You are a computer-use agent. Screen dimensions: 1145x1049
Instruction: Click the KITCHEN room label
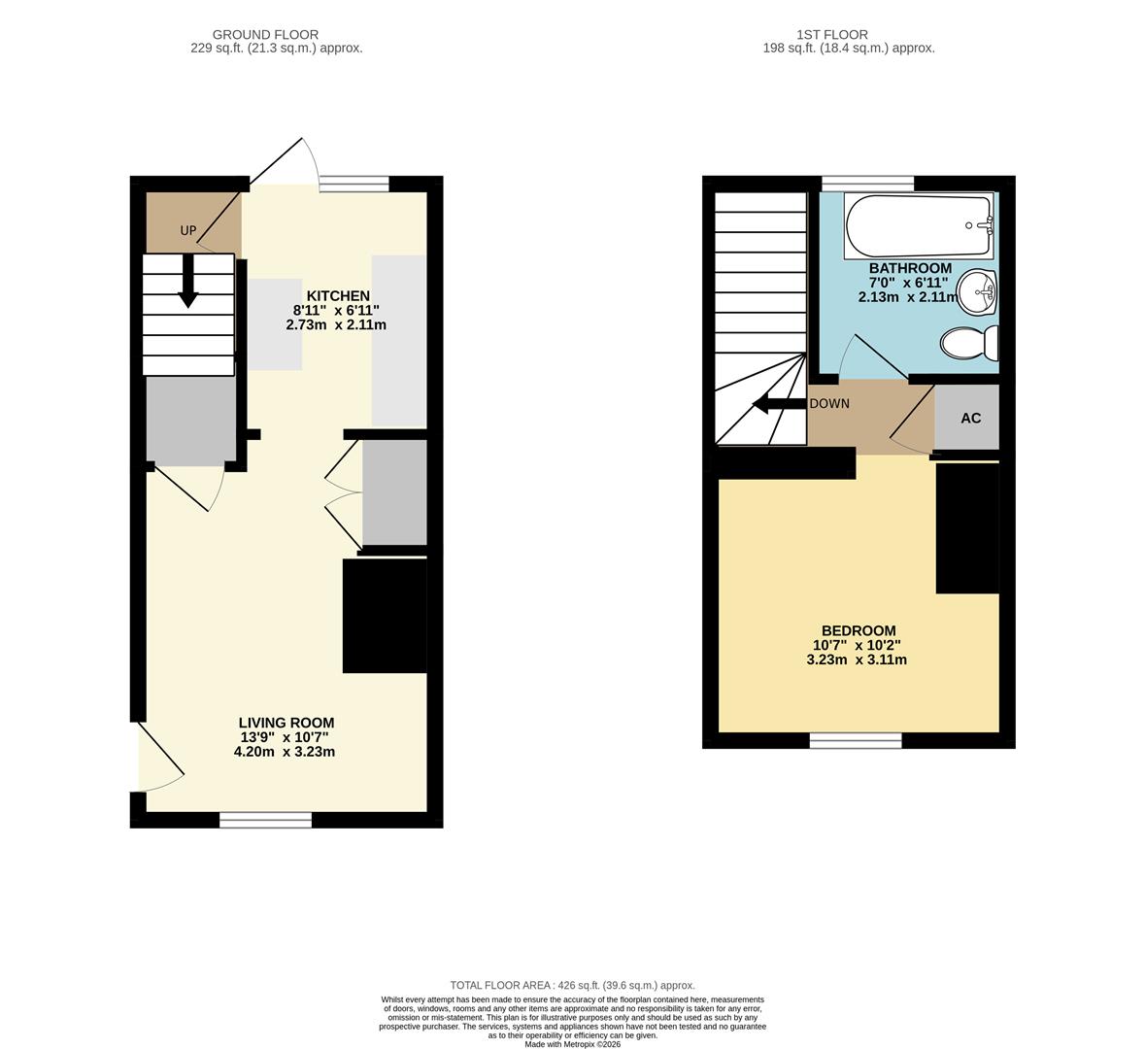tap(338, 296)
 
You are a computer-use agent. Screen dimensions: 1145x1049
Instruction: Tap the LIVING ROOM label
tap(286, 724)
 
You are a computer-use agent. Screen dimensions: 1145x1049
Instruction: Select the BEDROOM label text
tap(859, 631)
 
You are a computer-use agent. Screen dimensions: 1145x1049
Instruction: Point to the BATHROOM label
tap(910, 268)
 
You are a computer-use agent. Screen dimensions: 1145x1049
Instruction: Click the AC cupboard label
tap(970, 419)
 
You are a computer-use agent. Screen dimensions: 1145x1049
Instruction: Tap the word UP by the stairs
tap(188, 231)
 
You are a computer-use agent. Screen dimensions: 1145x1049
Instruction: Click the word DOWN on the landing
tap(829, 404)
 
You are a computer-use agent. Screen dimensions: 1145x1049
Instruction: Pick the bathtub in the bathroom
tap(919, 225)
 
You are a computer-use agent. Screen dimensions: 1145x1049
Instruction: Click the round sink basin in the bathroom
tap(977, 293)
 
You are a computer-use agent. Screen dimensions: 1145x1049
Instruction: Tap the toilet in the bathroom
tap(970, 343)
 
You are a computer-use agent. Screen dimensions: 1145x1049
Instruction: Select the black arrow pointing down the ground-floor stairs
tap(188, 281)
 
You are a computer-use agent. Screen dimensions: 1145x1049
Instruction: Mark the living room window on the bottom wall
tap(266, 821)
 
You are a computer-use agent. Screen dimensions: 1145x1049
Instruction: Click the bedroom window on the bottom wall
tap(856, 741)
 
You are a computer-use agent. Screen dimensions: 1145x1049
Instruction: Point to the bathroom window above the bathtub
tap(867, 184)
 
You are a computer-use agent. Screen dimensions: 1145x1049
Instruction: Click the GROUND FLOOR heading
tap(265, 34)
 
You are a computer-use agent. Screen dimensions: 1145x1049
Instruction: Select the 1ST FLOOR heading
tap(831, 34)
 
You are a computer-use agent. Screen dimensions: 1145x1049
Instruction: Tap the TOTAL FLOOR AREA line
tap(573, 986)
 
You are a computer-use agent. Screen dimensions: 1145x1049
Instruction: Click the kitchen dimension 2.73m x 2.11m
tap(336, 325)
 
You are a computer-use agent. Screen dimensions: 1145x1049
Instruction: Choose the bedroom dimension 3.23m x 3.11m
tap(857, 660)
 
